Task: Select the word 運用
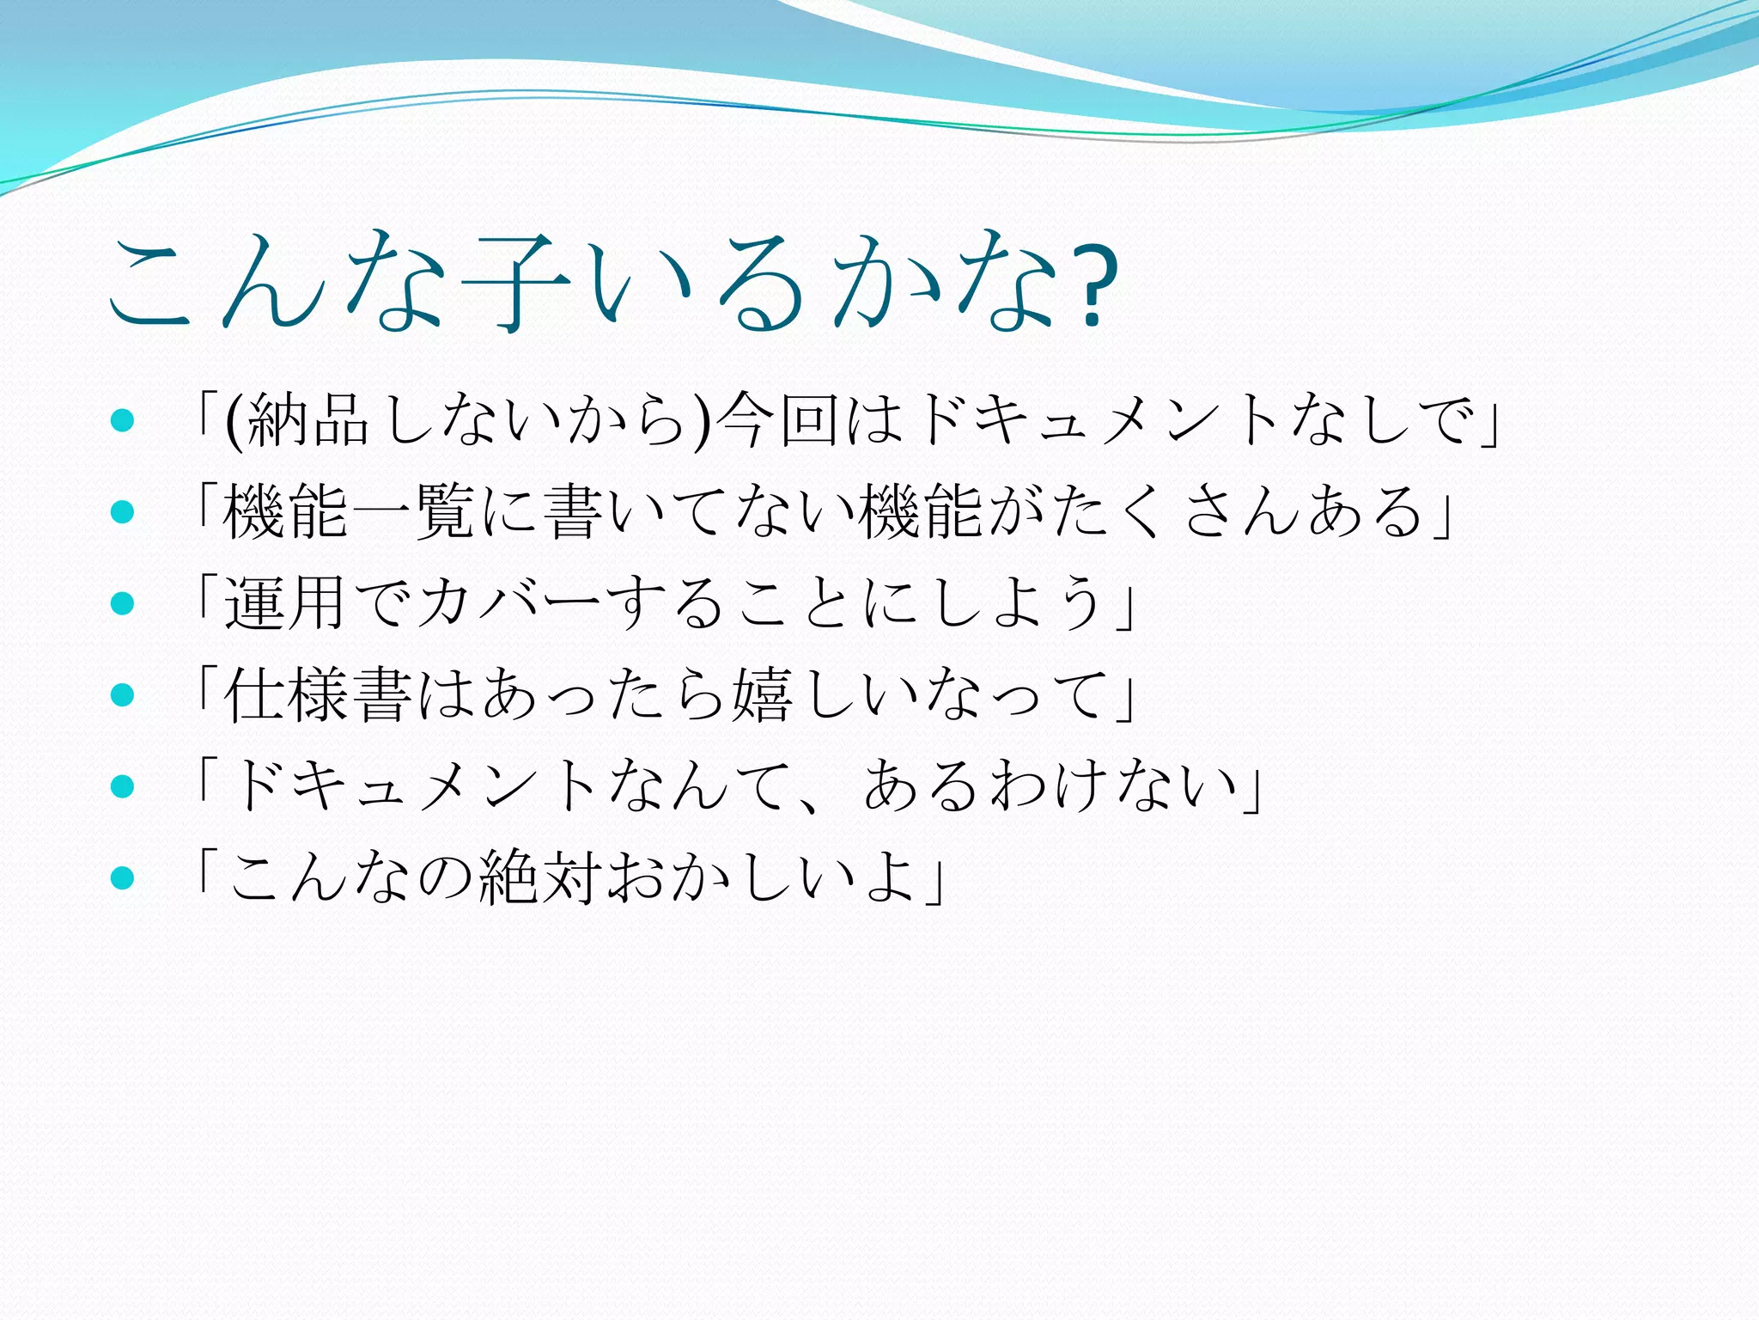(284, 603)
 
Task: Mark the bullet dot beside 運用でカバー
(123, 603)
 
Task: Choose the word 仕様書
(317, 695)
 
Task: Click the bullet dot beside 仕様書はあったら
(123, 695)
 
